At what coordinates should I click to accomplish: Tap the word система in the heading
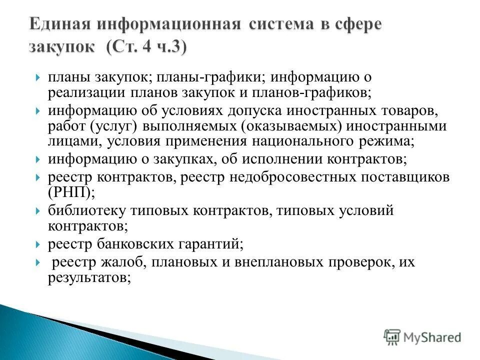click(x=288, y=25)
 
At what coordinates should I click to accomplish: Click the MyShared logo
click(x=422, y=337)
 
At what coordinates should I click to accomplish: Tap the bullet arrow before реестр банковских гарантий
click(x=38, y=244)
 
